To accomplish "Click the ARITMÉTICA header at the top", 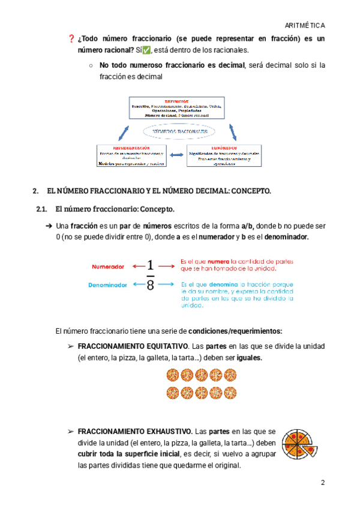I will click(306, 26).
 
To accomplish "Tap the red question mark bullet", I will click(71, 39).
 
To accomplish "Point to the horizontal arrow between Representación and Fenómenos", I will click(178, 155).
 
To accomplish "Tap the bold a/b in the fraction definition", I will click(247, 226).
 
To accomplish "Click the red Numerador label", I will click(108, 266).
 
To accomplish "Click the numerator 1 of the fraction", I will click(150, 265).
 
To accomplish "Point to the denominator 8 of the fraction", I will click(150, 285).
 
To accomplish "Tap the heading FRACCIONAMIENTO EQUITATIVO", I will click(133, 347).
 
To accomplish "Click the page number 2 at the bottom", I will click(322, 483).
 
